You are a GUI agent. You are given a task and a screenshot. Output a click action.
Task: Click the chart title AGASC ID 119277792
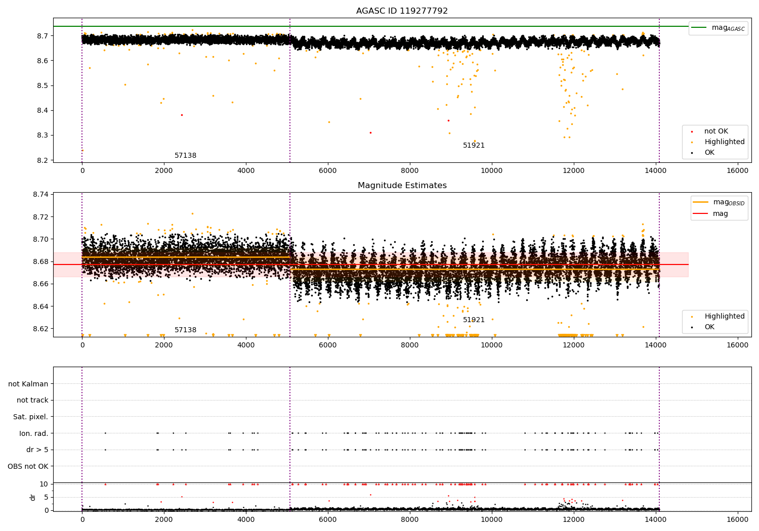pos(402,11)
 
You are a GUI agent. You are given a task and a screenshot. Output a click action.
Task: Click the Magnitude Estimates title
pos(402,186)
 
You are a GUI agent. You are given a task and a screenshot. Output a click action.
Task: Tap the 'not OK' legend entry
pos(715,131)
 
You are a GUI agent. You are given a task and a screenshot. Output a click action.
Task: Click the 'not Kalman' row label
pos(28,384)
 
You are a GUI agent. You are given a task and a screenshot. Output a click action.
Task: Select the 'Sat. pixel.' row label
pos(30,417)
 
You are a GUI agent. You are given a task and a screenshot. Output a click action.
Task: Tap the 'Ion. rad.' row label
pos(34,433)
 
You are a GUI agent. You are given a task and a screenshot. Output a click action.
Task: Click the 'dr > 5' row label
pos(37,450)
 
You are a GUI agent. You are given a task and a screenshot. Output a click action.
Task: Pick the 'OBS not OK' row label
pos(28,466)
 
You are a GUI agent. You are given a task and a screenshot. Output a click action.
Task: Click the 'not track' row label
pos(32,400)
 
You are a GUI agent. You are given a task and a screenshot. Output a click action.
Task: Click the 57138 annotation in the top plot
pos(185,156)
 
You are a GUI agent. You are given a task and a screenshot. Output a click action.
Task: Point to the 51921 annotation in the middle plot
pos(474,320)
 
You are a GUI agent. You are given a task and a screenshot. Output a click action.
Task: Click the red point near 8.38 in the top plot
pos(182,115)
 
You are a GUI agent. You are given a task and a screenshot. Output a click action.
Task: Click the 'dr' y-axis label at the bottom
pos(33,497)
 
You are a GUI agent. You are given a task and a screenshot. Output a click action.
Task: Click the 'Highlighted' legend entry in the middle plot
pos(724,317)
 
